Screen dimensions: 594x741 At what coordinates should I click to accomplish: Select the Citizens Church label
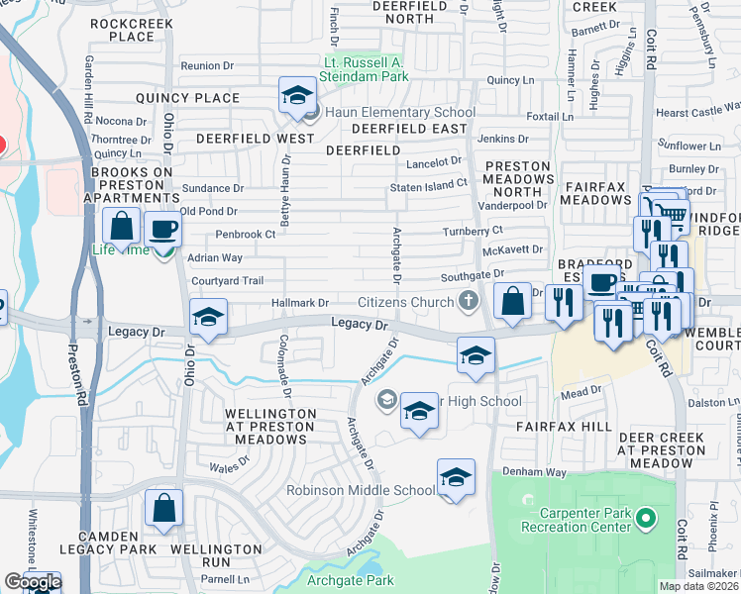click(408, 301)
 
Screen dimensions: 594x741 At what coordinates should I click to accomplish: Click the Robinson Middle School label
click(361, 490)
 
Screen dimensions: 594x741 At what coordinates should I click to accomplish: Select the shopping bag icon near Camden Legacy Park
click(164, 509)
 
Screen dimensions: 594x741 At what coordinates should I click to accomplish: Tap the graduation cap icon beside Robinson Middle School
click(456, 478)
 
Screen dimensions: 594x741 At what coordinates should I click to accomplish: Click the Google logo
click(32, 582)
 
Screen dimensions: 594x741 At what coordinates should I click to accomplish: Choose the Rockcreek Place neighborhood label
click(133, 29)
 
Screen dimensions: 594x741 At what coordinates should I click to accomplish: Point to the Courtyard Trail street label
click(227, 281)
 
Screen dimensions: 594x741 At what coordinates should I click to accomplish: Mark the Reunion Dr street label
click(206, 66)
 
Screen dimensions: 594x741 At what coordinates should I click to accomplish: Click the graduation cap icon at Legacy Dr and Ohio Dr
click(209, 317)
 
